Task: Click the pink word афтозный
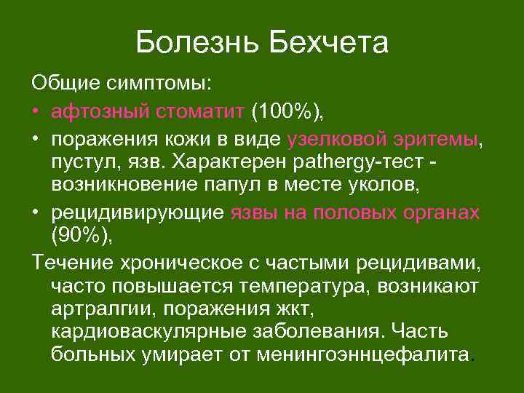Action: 100,112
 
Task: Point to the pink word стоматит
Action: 199,112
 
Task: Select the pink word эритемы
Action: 441,138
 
